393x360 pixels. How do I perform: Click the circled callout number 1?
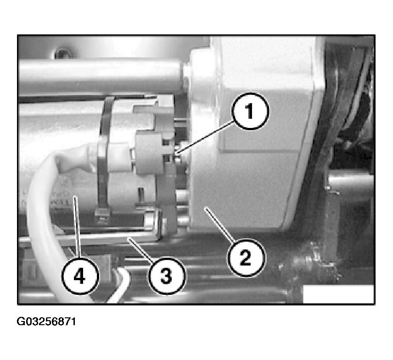tap(250, 111)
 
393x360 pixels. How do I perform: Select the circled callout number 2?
tap(245, 258)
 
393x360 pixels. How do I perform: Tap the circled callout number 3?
tap(166, 276)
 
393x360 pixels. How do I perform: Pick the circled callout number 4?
tap(80, 277)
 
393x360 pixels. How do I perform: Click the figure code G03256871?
tap(46, 321)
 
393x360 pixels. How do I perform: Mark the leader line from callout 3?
tap(141, 249)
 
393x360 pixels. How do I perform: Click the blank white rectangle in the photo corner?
tap(338, 294)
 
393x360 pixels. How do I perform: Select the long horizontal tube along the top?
tap(100, 76)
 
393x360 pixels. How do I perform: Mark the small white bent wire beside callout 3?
tap(121, 283)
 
